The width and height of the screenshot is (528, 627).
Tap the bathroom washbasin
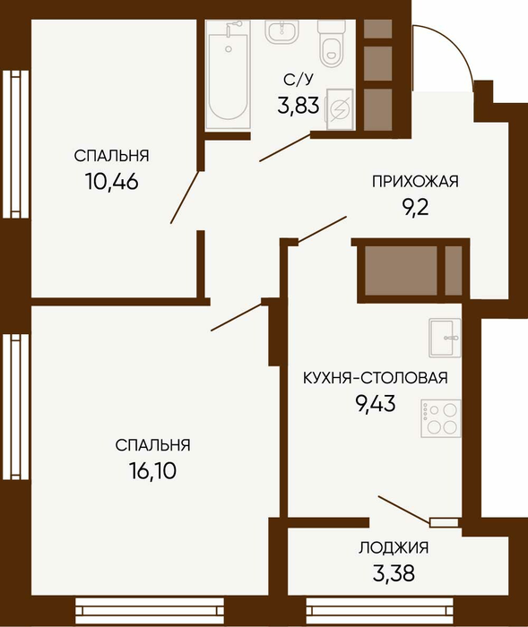click(282, 31)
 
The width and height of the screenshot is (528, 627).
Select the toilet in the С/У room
click(332, 43)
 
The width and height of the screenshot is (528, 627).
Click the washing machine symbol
click(340, 109)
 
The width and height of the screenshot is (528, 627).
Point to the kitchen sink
click(445, 338)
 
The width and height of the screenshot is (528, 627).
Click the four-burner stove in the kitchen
click(441, 418)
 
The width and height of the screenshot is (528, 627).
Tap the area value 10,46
click(112, 182)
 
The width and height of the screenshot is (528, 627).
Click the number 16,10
click(152, 470)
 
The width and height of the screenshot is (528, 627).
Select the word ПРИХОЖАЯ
click(415, 182)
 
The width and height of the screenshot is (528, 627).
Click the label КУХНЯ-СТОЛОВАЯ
click(376, 378)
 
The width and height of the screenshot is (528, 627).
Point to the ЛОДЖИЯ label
click(394, 547)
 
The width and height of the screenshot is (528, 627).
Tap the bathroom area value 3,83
click(299, 106)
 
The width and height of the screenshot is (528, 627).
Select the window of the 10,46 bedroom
click(15, 144)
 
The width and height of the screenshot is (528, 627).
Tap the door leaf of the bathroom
click(285, 148)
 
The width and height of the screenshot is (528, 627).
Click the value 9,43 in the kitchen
click(376, 403)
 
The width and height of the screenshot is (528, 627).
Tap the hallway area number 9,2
click(415, 208)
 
